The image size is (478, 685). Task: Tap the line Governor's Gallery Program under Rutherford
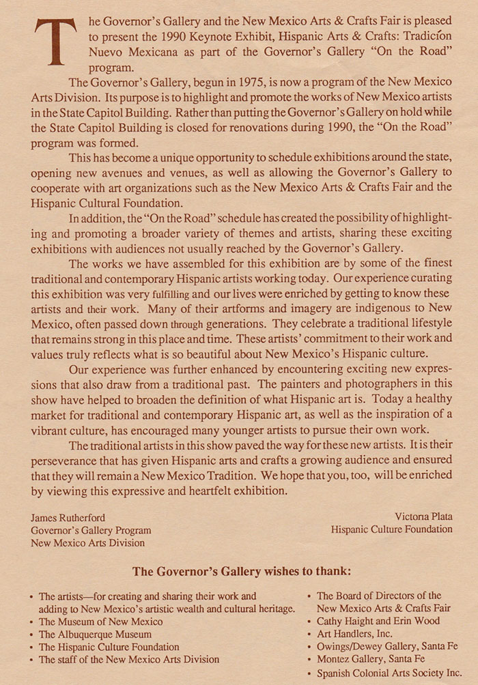coord(91,530)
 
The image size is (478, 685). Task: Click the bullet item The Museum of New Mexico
coord(100,622)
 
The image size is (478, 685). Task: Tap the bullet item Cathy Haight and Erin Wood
coord(378,622)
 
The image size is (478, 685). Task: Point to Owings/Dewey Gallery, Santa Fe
coord(387,646)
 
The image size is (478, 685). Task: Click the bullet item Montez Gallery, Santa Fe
coord(371,659)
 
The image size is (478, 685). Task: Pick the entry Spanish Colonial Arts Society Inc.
coord(389,672)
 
